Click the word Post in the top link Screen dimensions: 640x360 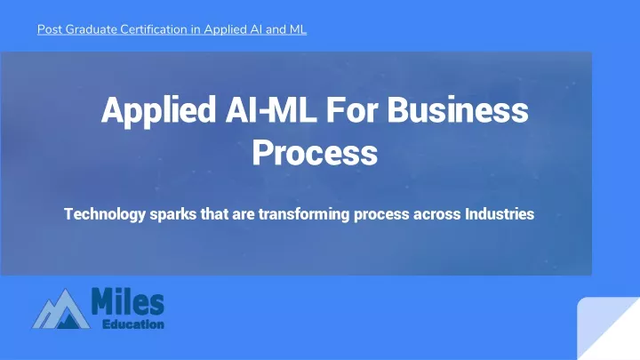(50, 29)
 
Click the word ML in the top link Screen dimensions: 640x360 (298, 29)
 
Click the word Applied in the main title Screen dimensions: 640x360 (159, 110)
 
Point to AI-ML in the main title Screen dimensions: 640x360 (271, 109)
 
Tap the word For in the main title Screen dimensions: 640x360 (351, 109)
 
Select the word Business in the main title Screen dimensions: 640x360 (458, 109)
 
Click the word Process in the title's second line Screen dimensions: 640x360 (315, 152)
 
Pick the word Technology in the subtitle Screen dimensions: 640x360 (105, 214)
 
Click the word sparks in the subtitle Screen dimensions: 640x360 (173, 214)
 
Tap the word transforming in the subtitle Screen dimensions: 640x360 (304, 214)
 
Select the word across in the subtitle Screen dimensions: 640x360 (437, 215)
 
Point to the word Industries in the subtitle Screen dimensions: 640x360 (500, 214)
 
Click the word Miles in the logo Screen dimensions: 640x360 (128, 301)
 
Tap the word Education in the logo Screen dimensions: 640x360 (133, 324)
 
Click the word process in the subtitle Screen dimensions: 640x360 (381, 215)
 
